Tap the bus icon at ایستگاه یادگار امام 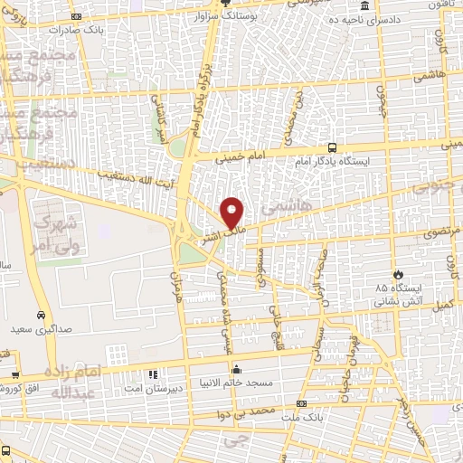tap(334, 146)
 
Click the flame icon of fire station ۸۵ tap(397, 273)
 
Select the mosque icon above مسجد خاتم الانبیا tap(237, 368)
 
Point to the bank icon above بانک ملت tap(301, 403)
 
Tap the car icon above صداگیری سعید tap(41, 315)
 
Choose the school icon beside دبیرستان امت tap(152, 373)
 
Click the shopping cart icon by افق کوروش tap(16, 373)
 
